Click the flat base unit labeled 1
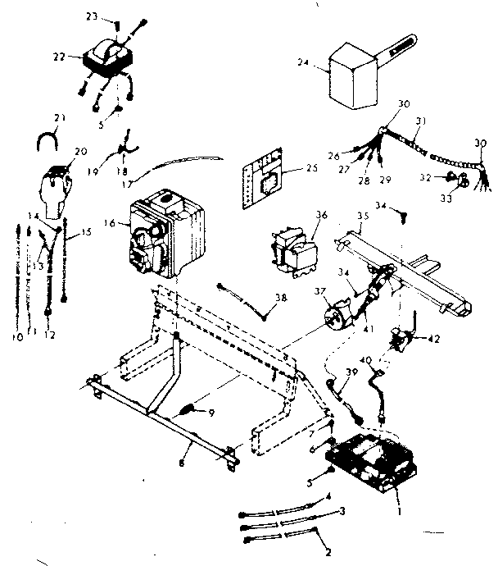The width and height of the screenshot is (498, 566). coord(371,463)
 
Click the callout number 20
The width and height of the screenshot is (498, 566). coord(80,152)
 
